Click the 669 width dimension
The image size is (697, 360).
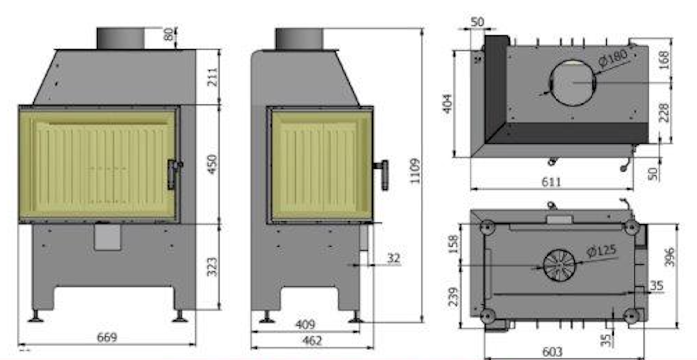107,337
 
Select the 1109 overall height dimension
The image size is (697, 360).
415,171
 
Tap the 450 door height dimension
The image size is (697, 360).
212,164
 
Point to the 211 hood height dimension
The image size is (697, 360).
212,77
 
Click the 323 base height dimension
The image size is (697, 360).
212,267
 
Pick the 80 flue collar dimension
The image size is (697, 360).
168,34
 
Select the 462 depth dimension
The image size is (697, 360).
312,341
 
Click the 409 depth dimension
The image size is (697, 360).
305,324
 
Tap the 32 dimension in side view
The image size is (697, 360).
393,258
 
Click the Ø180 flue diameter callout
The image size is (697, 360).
613,58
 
